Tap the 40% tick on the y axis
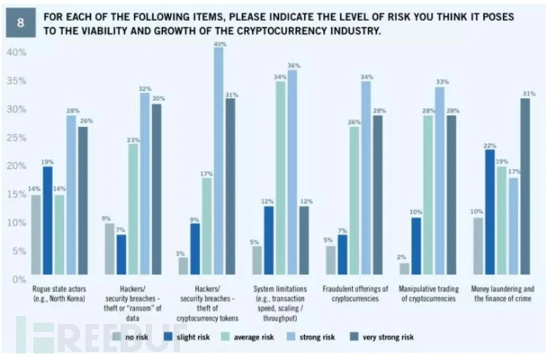17,52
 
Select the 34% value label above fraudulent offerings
365,78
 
